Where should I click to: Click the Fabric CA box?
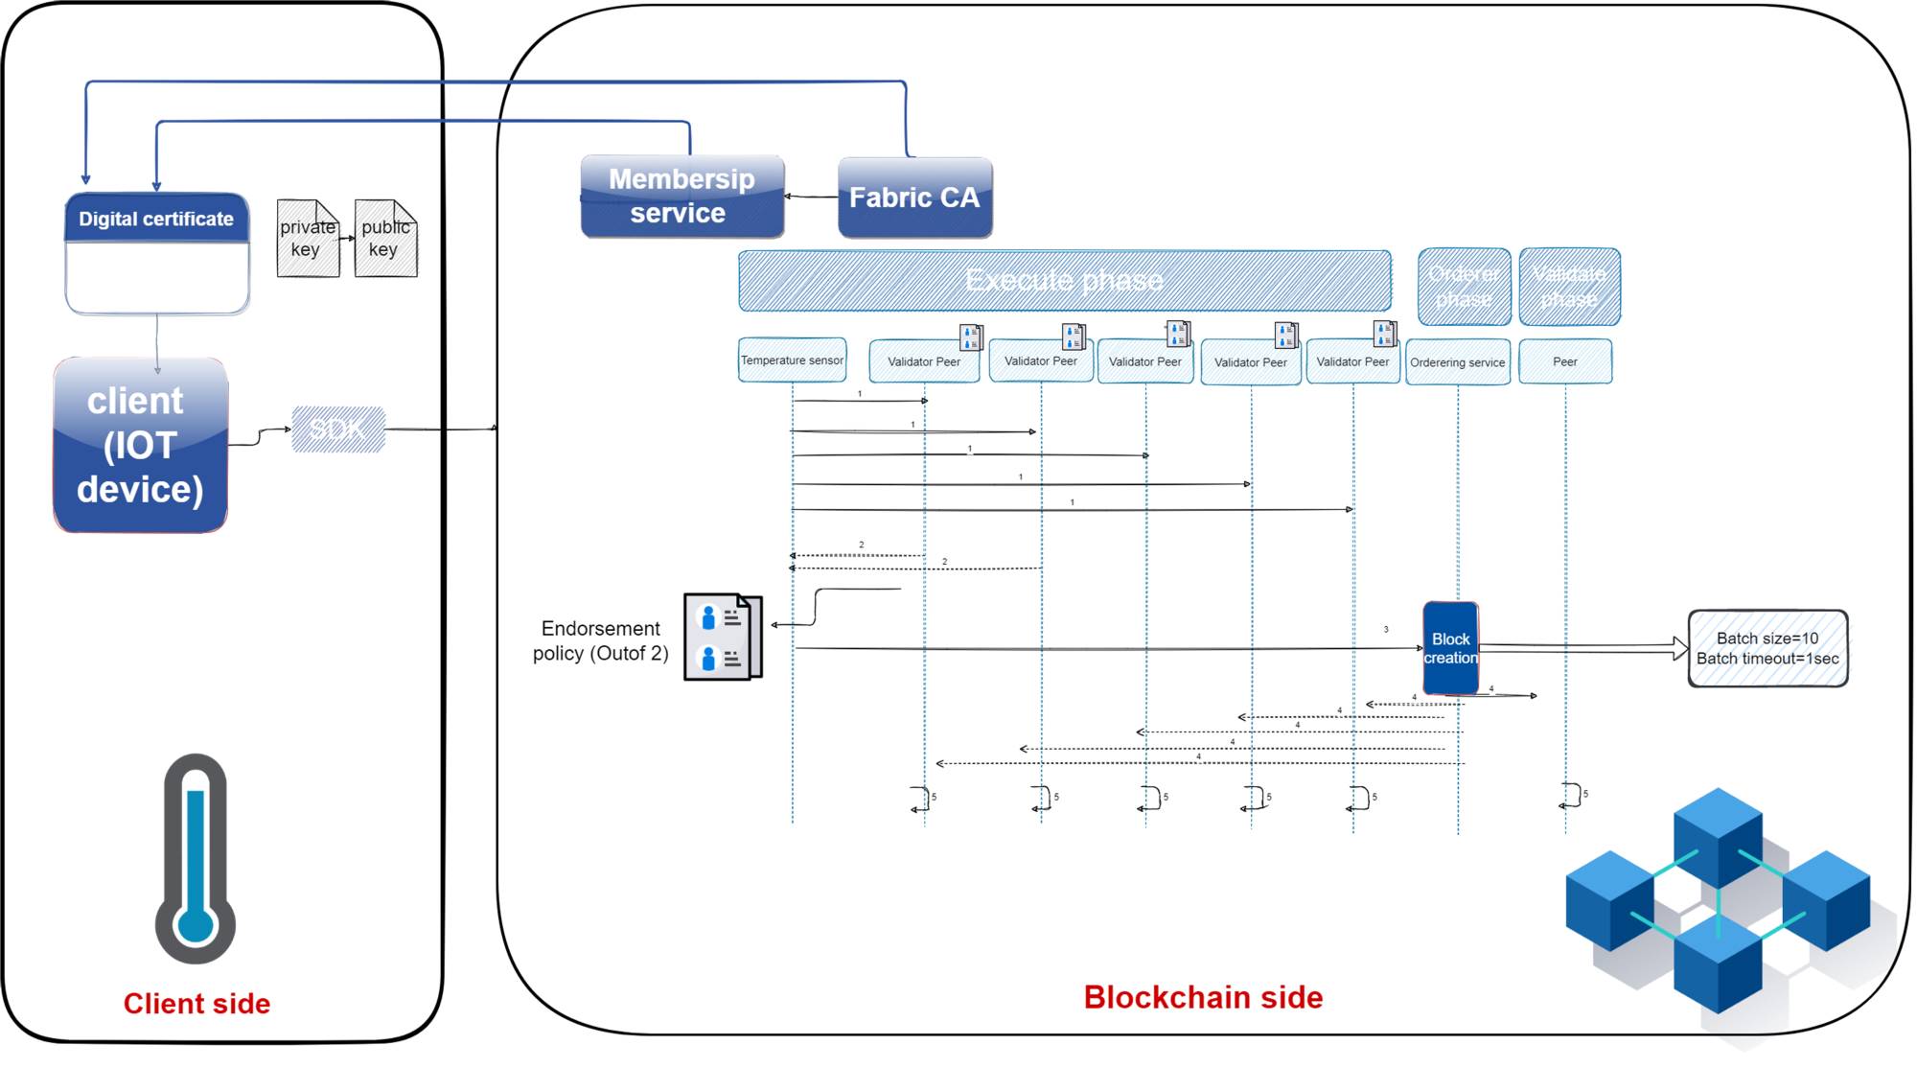914,197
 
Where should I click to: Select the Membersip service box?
681,197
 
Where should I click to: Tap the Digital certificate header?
156,219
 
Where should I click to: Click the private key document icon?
308,239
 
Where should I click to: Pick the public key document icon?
385,239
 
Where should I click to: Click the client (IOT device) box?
141,446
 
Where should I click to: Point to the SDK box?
338,430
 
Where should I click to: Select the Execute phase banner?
1064,281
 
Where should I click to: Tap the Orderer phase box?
1464,287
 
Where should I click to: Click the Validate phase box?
1569,287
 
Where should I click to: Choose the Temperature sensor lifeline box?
792,360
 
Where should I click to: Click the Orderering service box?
1457,362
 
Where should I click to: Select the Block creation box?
1450,648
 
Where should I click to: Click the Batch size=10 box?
1767,649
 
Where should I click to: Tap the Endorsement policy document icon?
723,638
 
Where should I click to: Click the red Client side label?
196,1004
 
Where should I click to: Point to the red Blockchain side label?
1203,997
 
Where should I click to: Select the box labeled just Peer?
1565,361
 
